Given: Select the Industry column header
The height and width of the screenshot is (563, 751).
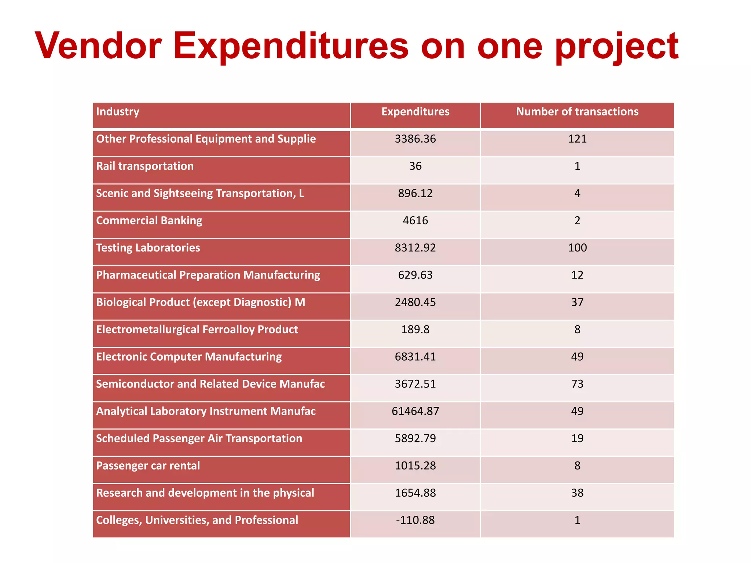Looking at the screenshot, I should click(x=118, y=111).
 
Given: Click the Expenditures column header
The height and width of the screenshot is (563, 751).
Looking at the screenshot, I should click(x=415, y=111).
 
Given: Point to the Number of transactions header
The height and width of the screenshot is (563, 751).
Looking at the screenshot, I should click(x=577, y=111).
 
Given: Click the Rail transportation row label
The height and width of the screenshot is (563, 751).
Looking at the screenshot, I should click(x=145, y=166).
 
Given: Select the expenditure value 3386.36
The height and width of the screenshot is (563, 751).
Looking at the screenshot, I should click(x=415, y=139).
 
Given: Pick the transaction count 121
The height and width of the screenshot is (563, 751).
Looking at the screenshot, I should click(x=577, y=139).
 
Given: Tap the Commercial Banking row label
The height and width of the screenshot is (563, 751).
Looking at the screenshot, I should click(x=149, y=221).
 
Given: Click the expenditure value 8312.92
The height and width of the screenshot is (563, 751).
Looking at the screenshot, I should click(x=415, y=248).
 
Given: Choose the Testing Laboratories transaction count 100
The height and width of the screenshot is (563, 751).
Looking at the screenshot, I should click(x=577, y=248).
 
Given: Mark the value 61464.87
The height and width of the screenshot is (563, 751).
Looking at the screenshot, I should click(x=415, y=411).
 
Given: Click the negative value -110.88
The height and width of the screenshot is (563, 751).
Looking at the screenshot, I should click(x=415, y=520).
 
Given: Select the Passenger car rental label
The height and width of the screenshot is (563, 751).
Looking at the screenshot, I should click(x=148, y=466).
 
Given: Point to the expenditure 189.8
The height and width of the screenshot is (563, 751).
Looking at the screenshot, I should click(x=415, y=330).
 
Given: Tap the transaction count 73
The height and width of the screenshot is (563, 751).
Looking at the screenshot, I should click(x=577, y=384).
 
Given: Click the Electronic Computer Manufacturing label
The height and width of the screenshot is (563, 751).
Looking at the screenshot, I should click(x=189, y=357).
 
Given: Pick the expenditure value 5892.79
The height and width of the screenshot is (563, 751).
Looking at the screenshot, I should click(x=415, y=438).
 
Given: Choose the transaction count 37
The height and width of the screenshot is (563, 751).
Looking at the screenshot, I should click(x=577, y=302).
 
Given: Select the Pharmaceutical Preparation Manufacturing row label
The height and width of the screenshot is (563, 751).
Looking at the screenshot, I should click(x=208, y=275).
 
